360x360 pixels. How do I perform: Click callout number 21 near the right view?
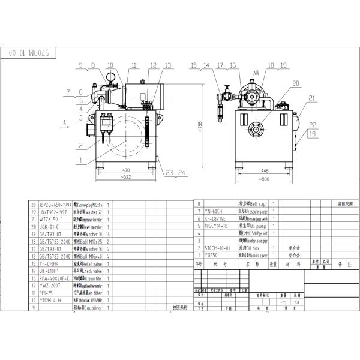(311, 98)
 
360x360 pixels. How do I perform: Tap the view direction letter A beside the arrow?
(63, 121)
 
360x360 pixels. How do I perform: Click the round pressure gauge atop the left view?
(111, 77)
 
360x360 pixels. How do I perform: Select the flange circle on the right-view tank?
(257, 125)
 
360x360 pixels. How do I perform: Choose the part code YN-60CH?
(214, 211)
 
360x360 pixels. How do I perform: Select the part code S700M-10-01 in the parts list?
(218, 247)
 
